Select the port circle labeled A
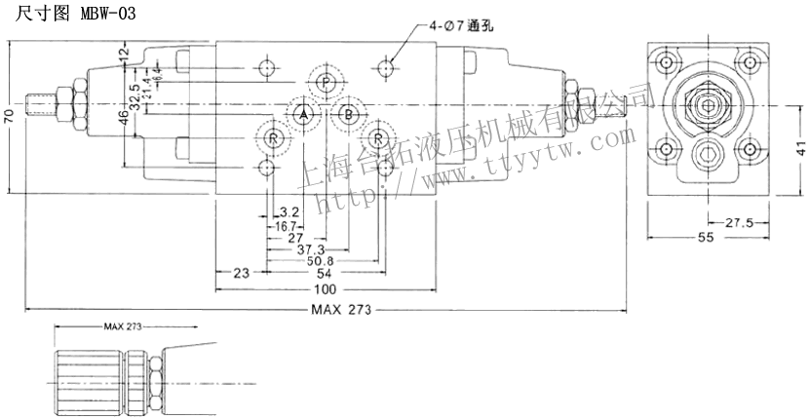(303, 115)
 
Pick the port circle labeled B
(346, 115)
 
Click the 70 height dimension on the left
(9, 115)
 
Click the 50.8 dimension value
(321, 261)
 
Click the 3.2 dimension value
(289, 211)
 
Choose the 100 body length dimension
(325, 289)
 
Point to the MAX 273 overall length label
(341, 310)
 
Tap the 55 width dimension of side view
(705, 238)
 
